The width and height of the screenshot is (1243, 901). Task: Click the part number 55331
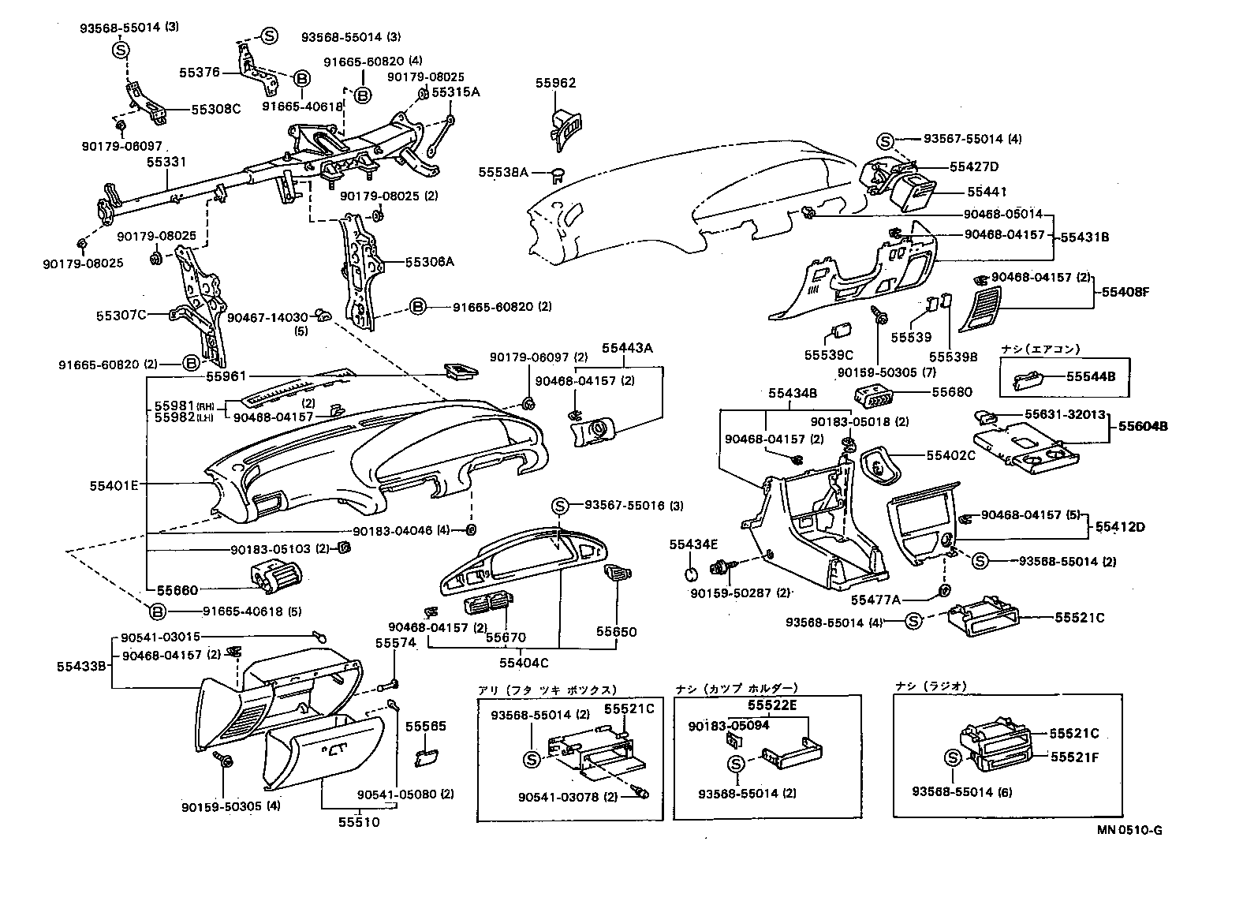[166, 162]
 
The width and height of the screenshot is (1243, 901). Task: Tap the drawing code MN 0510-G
[1129, 830]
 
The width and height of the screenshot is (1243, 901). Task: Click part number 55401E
[114, 485]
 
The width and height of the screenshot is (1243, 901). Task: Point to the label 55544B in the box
[1091, 377]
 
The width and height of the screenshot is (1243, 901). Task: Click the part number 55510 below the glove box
[359, 822]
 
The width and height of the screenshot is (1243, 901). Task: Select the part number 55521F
[1073, 757]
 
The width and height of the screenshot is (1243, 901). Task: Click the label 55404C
[523, 663]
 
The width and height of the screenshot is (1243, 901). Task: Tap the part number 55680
[952, 391]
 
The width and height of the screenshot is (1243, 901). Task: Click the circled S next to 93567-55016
[559, 506]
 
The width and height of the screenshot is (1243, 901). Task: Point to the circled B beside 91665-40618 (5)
[157, 611]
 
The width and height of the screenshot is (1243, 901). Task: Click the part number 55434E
[694, 544]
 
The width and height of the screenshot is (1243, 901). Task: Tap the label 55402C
[950, 455]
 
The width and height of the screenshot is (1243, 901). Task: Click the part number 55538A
[502, 171]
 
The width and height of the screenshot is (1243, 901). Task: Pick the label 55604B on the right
[1140, 427]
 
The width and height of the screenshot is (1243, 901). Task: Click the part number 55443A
[623, 348]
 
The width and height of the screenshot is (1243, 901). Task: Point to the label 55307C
[121, 316]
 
